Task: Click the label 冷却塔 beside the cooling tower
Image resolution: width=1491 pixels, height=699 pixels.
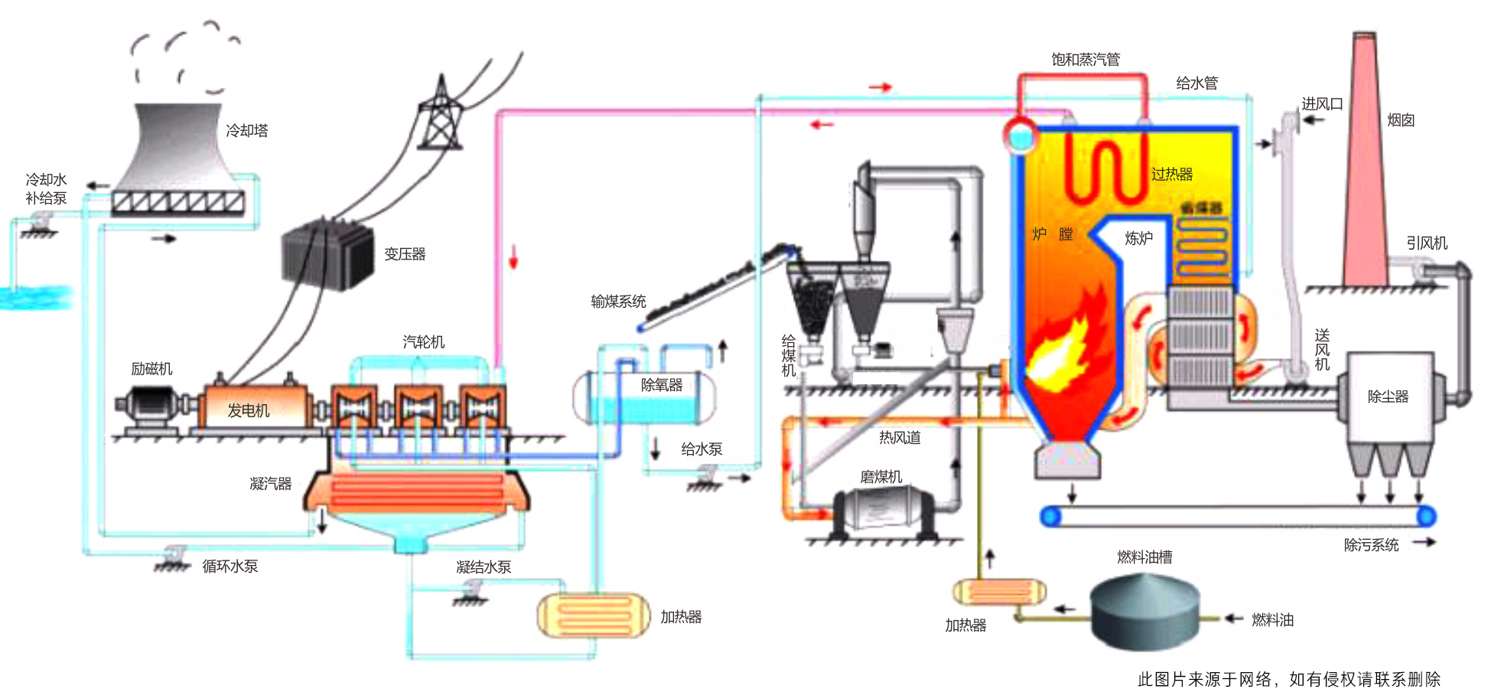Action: point(247,131)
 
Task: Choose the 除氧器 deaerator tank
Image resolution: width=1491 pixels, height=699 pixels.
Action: point(645,397)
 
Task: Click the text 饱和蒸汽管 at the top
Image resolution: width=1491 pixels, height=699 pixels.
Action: point(1085,60)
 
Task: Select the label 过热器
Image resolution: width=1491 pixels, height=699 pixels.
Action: point(1172,175)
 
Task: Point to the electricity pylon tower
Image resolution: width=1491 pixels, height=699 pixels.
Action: point(441,115)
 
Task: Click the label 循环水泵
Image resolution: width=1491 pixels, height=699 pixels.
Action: point(230,567)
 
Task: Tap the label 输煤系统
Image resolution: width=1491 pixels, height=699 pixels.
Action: point(618,302)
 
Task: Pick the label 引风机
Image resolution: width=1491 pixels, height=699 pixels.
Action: point(1427,243)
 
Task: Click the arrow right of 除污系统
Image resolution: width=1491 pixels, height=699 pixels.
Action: point(1424,543)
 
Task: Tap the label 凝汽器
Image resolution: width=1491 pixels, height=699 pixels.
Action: point(271,484)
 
